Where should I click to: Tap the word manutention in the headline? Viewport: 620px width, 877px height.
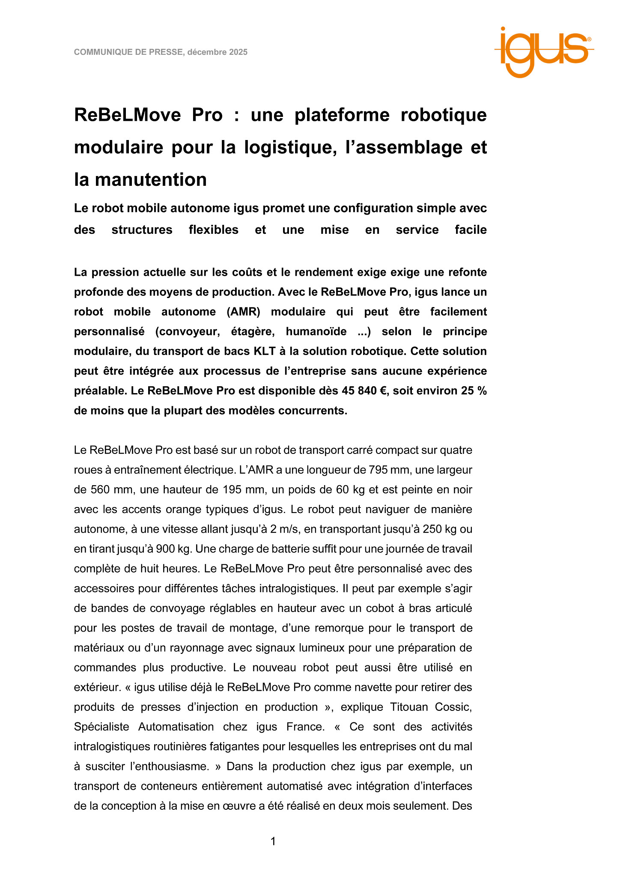[151, 179]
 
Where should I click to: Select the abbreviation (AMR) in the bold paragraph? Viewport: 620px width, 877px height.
[244, 312]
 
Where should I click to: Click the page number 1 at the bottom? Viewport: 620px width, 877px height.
[273, 841]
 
